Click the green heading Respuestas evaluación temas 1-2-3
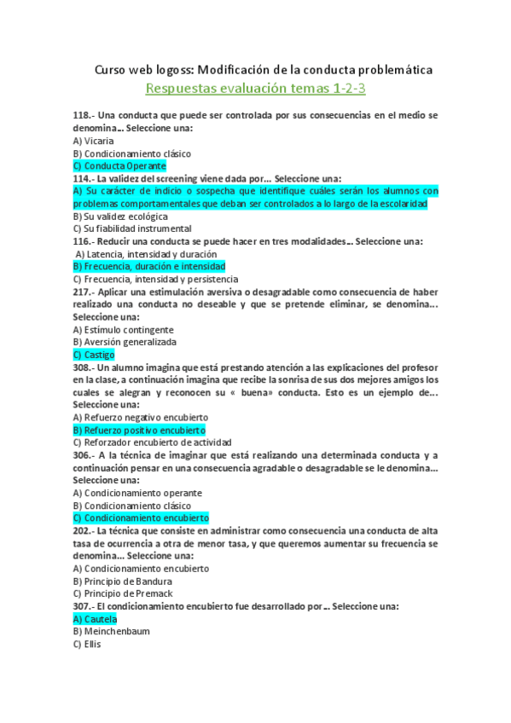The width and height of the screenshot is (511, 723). tap(256, 89)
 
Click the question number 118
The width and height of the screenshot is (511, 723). tap(83, 116)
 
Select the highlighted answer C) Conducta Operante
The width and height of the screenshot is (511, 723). tap(119, 166)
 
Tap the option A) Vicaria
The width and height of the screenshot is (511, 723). tap(93, 141)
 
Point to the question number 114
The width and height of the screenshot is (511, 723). tap(83, 179)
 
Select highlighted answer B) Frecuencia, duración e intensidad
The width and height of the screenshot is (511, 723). tap(149, 267)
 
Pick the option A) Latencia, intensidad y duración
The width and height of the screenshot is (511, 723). tap(146, 254)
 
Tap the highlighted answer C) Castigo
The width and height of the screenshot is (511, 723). tap(94, 355)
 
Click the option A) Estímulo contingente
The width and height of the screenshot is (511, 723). tap(124, 329)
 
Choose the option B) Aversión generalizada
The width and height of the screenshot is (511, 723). tap(125, 342)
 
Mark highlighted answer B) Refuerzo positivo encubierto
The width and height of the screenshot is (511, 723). tap(139, 431)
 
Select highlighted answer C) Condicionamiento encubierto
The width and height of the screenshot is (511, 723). tap(141, 518)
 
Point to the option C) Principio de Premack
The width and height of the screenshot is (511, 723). tap(124, 593)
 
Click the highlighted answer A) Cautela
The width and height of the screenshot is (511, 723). tap(95, 619)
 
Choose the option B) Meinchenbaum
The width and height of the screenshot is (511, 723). tap(109, 632)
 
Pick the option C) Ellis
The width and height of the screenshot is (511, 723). tap(87, 645)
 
